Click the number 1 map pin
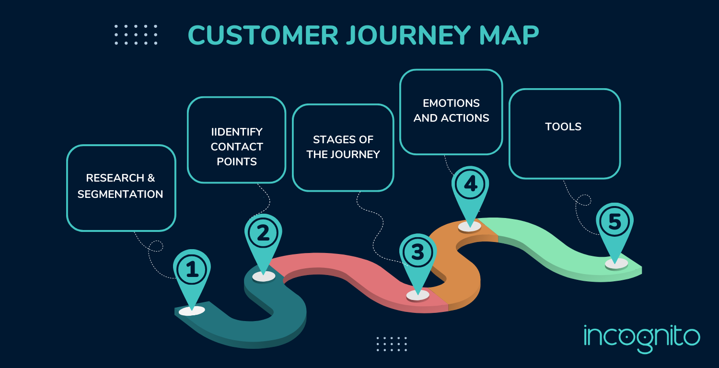pyautogui.click(x=192, y=271)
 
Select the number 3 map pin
pyautogui.click(x=417, y=253)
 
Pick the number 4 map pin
pyautogui.click(x=470, y=185)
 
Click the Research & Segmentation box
pyautogui.click(x=121, y=187)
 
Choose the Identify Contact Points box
pyautogui.click(x=237, y=139)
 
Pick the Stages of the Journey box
pyautogui.click(x=343, y=147)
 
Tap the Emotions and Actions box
pyautogui.click(x=451, y=111)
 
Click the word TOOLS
pyautogui.click(x=563, y=127)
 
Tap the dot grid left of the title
pyautogui.click(x=136, y=35)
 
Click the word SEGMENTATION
pyautogui.click(x=120, y=194)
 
